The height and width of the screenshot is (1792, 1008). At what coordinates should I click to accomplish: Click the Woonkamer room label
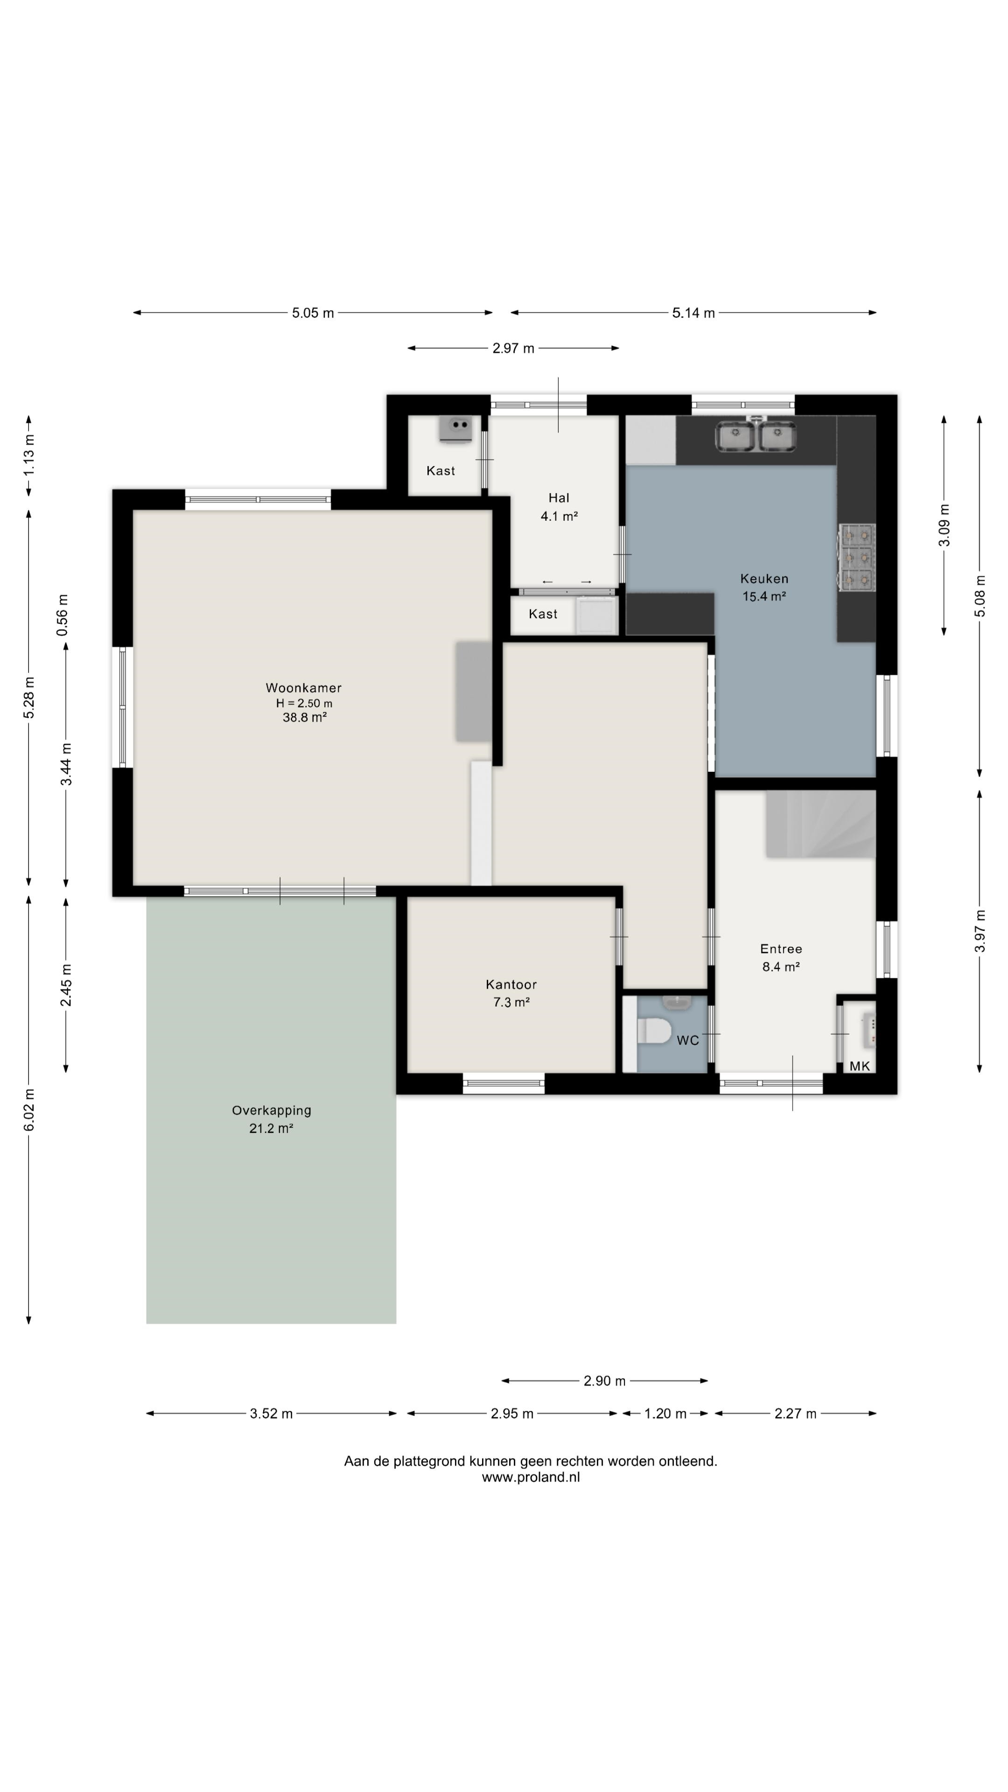[303, 688]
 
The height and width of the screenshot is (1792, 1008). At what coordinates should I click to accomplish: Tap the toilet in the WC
[654, 1030]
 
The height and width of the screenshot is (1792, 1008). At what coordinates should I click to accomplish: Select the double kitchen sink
[756, 437]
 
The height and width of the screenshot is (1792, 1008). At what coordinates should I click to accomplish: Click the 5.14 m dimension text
[693, 313]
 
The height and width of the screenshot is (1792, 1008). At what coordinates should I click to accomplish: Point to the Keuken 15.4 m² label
[764, 587]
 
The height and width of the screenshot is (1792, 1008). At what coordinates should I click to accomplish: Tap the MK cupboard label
[859, 1066]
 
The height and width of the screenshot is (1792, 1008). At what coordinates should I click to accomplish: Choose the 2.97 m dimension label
[513, 349]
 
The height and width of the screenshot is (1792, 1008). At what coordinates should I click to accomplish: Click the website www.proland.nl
[531, 1477]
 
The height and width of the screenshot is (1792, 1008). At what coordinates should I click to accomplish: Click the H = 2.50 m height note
[304, 703]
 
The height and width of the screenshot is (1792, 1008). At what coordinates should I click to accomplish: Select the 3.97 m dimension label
[980, 931]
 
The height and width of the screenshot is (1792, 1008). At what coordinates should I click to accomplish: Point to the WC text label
[687, 1041]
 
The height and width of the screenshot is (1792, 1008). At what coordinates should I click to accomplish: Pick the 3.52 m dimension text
[271, 1414]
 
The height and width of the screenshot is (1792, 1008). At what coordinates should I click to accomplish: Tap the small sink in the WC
[676, 1002]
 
